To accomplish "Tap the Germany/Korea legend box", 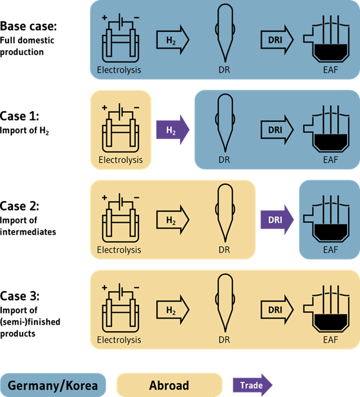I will [x=53, y=386].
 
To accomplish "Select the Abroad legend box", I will [x=169, y=386].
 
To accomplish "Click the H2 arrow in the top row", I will [x=172, y=40].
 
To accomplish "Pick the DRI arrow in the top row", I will [x=277, y=40].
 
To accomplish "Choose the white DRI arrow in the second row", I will [x=277, y=130].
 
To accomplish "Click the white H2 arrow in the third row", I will [x=172, y=219].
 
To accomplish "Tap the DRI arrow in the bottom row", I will [x=277, y=310].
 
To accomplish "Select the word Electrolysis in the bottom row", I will [x=119, y=340].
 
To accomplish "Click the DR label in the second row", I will [x=224, y=159].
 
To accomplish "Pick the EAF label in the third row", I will [x=330, y=249].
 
